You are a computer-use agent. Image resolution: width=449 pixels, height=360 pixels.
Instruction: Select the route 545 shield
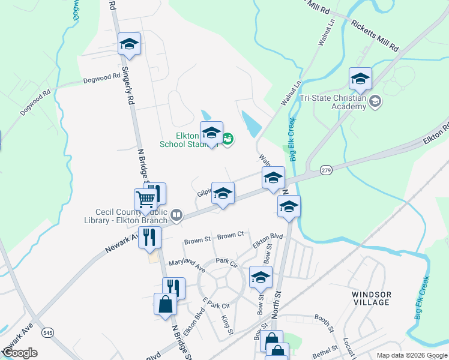47,332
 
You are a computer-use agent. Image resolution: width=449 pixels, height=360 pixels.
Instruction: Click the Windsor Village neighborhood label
372,298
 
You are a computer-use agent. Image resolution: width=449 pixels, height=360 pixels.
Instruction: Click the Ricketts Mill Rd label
375,37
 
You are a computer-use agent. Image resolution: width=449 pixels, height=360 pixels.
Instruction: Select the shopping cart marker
146,199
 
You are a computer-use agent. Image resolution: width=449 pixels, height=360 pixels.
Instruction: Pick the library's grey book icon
176,214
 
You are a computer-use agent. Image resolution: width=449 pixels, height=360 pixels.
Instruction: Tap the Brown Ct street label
231,236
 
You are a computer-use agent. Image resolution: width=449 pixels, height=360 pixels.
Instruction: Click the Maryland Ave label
187,263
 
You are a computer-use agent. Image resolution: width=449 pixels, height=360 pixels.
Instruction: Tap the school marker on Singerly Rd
129,44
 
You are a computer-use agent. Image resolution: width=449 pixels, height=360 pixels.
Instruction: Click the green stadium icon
228,140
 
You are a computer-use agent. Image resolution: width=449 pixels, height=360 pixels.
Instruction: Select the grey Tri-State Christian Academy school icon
376,101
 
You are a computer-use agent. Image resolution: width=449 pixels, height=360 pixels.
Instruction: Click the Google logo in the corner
19,353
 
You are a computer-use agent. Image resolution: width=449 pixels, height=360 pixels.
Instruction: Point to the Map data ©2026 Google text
412,355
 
